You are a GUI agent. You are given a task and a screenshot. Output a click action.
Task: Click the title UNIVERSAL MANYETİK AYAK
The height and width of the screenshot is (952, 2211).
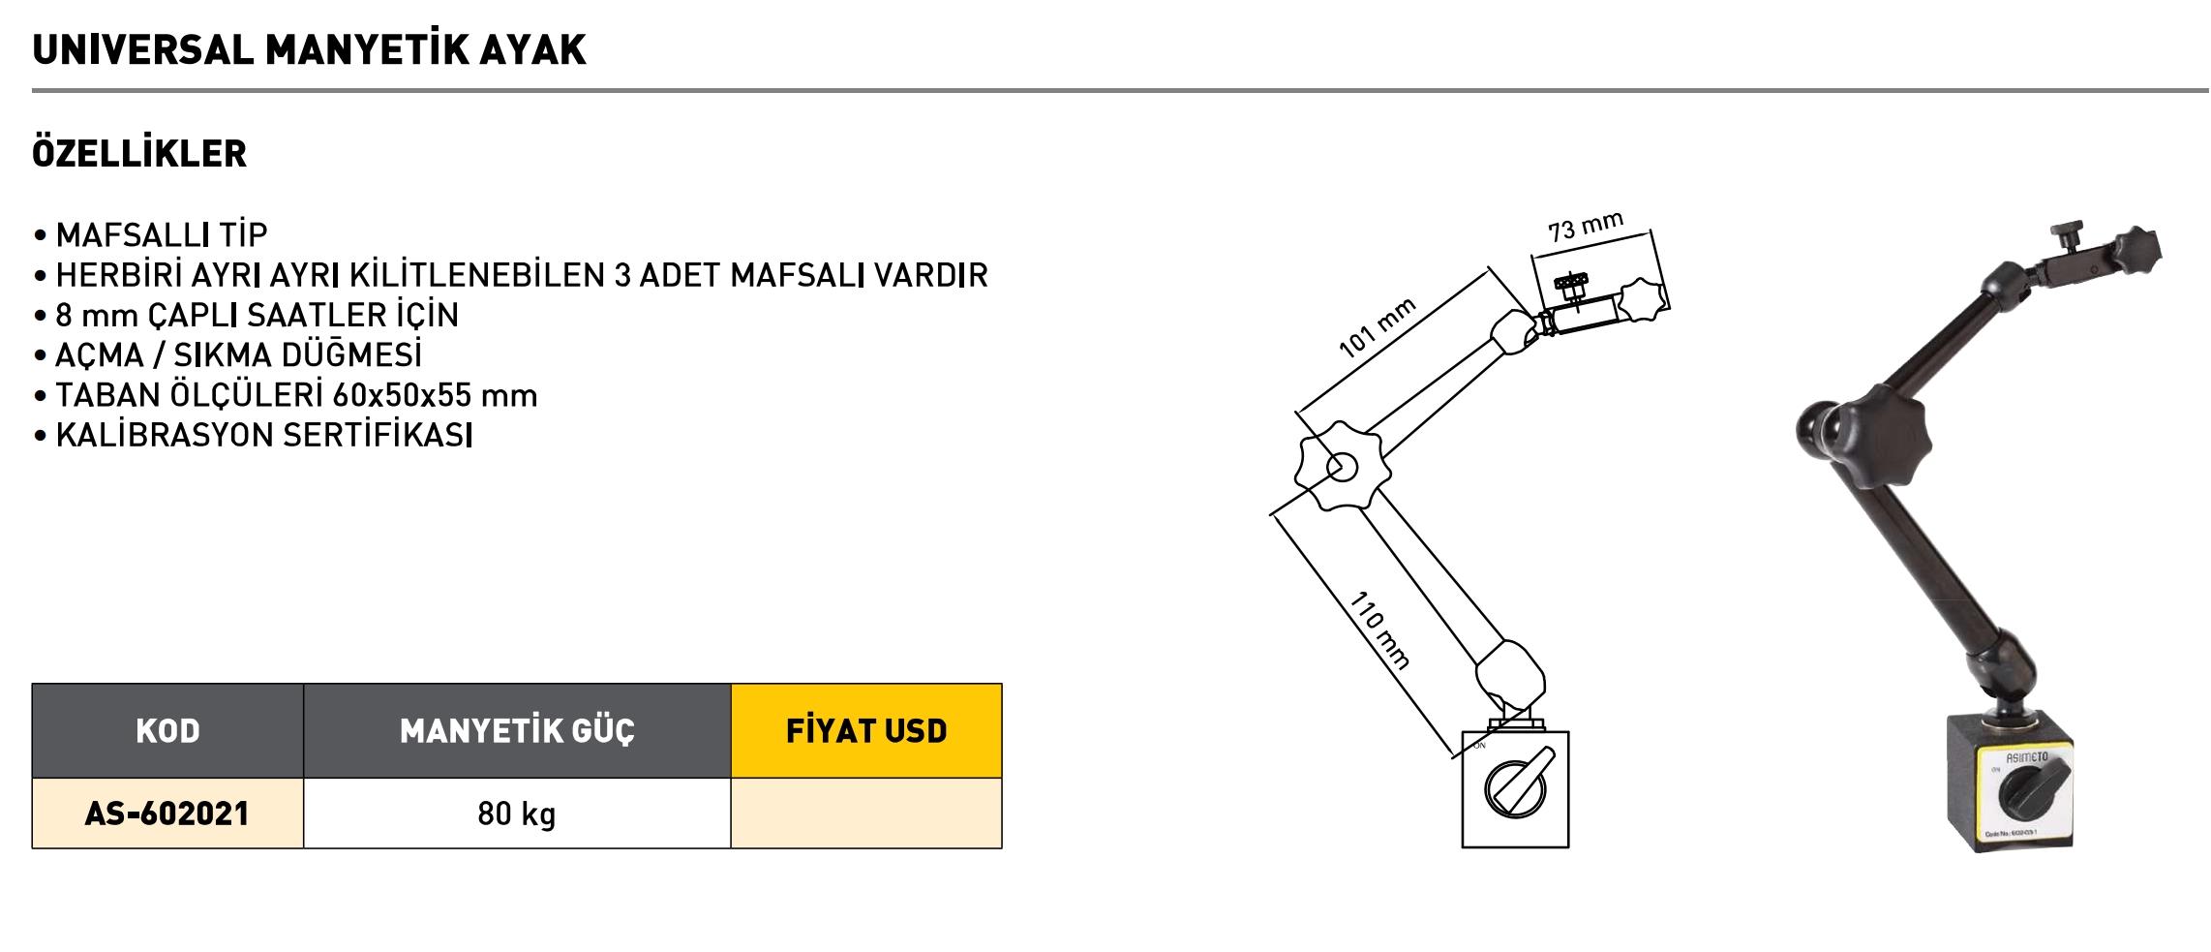[309, 50]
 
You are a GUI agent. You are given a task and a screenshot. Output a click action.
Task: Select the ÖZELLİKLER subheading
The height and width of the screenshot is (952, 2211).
[139, 154]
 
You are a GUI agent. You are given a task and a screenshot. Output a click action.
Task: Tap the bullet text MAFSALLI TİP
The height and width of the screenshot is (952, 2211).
[162, 235]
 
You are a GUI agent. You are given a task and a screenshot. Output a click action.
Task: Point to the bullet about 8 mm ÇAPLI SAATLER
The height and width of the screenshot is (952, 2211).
[257, 315]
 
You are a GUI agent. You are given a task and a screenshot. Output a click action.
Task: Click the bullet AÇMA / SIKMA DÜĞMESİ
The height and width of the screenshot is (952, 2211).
[238, 355]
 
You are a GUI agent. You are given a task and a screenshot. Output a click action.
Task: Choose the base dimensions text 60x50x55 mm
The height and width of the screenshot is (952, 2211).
[435, 395]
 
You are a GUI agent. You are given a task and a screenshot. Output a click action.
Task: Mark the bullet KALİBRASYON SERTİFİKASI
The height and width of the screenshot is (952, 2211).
[264, 436]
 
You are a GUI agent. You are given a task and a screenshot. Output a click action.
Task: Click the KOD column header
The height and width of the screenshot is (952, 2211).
[167, 731]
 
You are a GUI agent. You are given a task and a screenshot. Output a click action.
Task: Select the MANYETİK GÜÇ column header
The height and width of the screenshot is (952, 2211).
[517, 731]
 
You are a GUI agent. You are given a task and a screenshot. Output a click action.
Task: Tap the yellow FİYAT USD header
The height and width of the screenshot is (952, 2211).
[866, 731]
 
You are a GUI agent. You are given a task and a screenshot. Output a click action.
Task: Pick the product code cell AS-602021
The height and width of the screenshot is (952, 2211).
[167, 814]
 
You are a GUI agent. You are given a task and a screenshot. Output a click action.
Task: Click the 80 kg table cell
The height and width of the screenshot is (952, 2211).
[517, 814]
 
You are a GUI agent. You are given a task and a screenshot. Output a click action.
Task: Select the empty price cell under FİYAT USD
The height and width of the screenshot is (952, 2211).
[866, 814]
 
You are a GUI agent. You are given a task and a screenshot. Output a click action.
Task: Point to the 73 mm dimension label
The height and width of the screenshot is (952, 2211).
[1585, 228]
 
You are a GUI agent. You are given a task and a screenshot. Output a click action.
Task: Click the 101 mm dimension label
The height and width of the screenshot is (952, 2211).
[1377, 328]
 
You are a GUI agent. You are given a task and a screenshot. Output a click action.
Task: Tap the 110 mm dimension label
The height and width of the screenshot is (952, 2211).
[1378, 630]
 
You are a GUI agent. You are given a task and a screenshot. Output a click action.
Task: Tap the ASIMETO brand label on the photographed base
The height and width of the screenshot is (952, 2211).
[2025, 758]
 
